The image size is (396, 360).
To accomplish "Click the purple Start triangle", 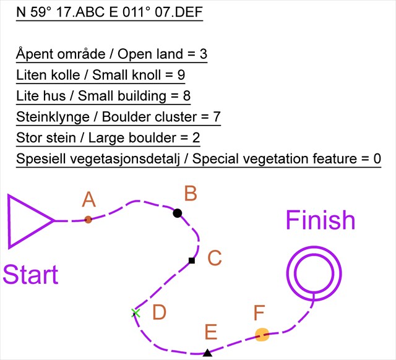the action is point(28,221).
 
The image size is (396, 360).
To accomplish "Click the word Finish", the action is point(320,221).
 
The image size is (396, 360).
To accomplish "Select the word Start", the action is point(30,275).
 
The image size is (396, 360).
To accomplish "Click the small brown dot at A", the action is point(88,220).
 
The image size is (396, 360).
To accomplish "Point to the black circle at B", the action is point(178,213).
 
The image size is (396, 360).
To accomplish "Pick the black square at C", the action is point(192,260).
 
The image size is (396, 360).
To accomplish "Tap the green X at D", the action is point(136,313).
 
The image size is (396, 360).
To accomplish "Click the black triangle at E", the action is point(207,353).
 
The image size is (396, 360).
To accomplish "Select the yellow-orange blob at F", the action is point(262,335).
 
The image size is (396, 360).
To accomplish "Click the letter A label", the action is point(89,199).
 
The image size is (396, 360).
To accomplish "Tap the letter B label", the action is point(191,194).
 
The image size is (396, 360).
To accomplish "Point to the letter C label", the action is point(214,258).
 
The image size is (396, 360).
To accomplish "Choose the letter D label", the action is point(160,313).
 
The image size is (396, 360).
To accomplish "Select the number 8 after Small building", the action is point(186,96).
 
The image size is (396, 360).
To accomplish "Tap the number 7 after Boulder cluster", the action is point(217,117).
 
